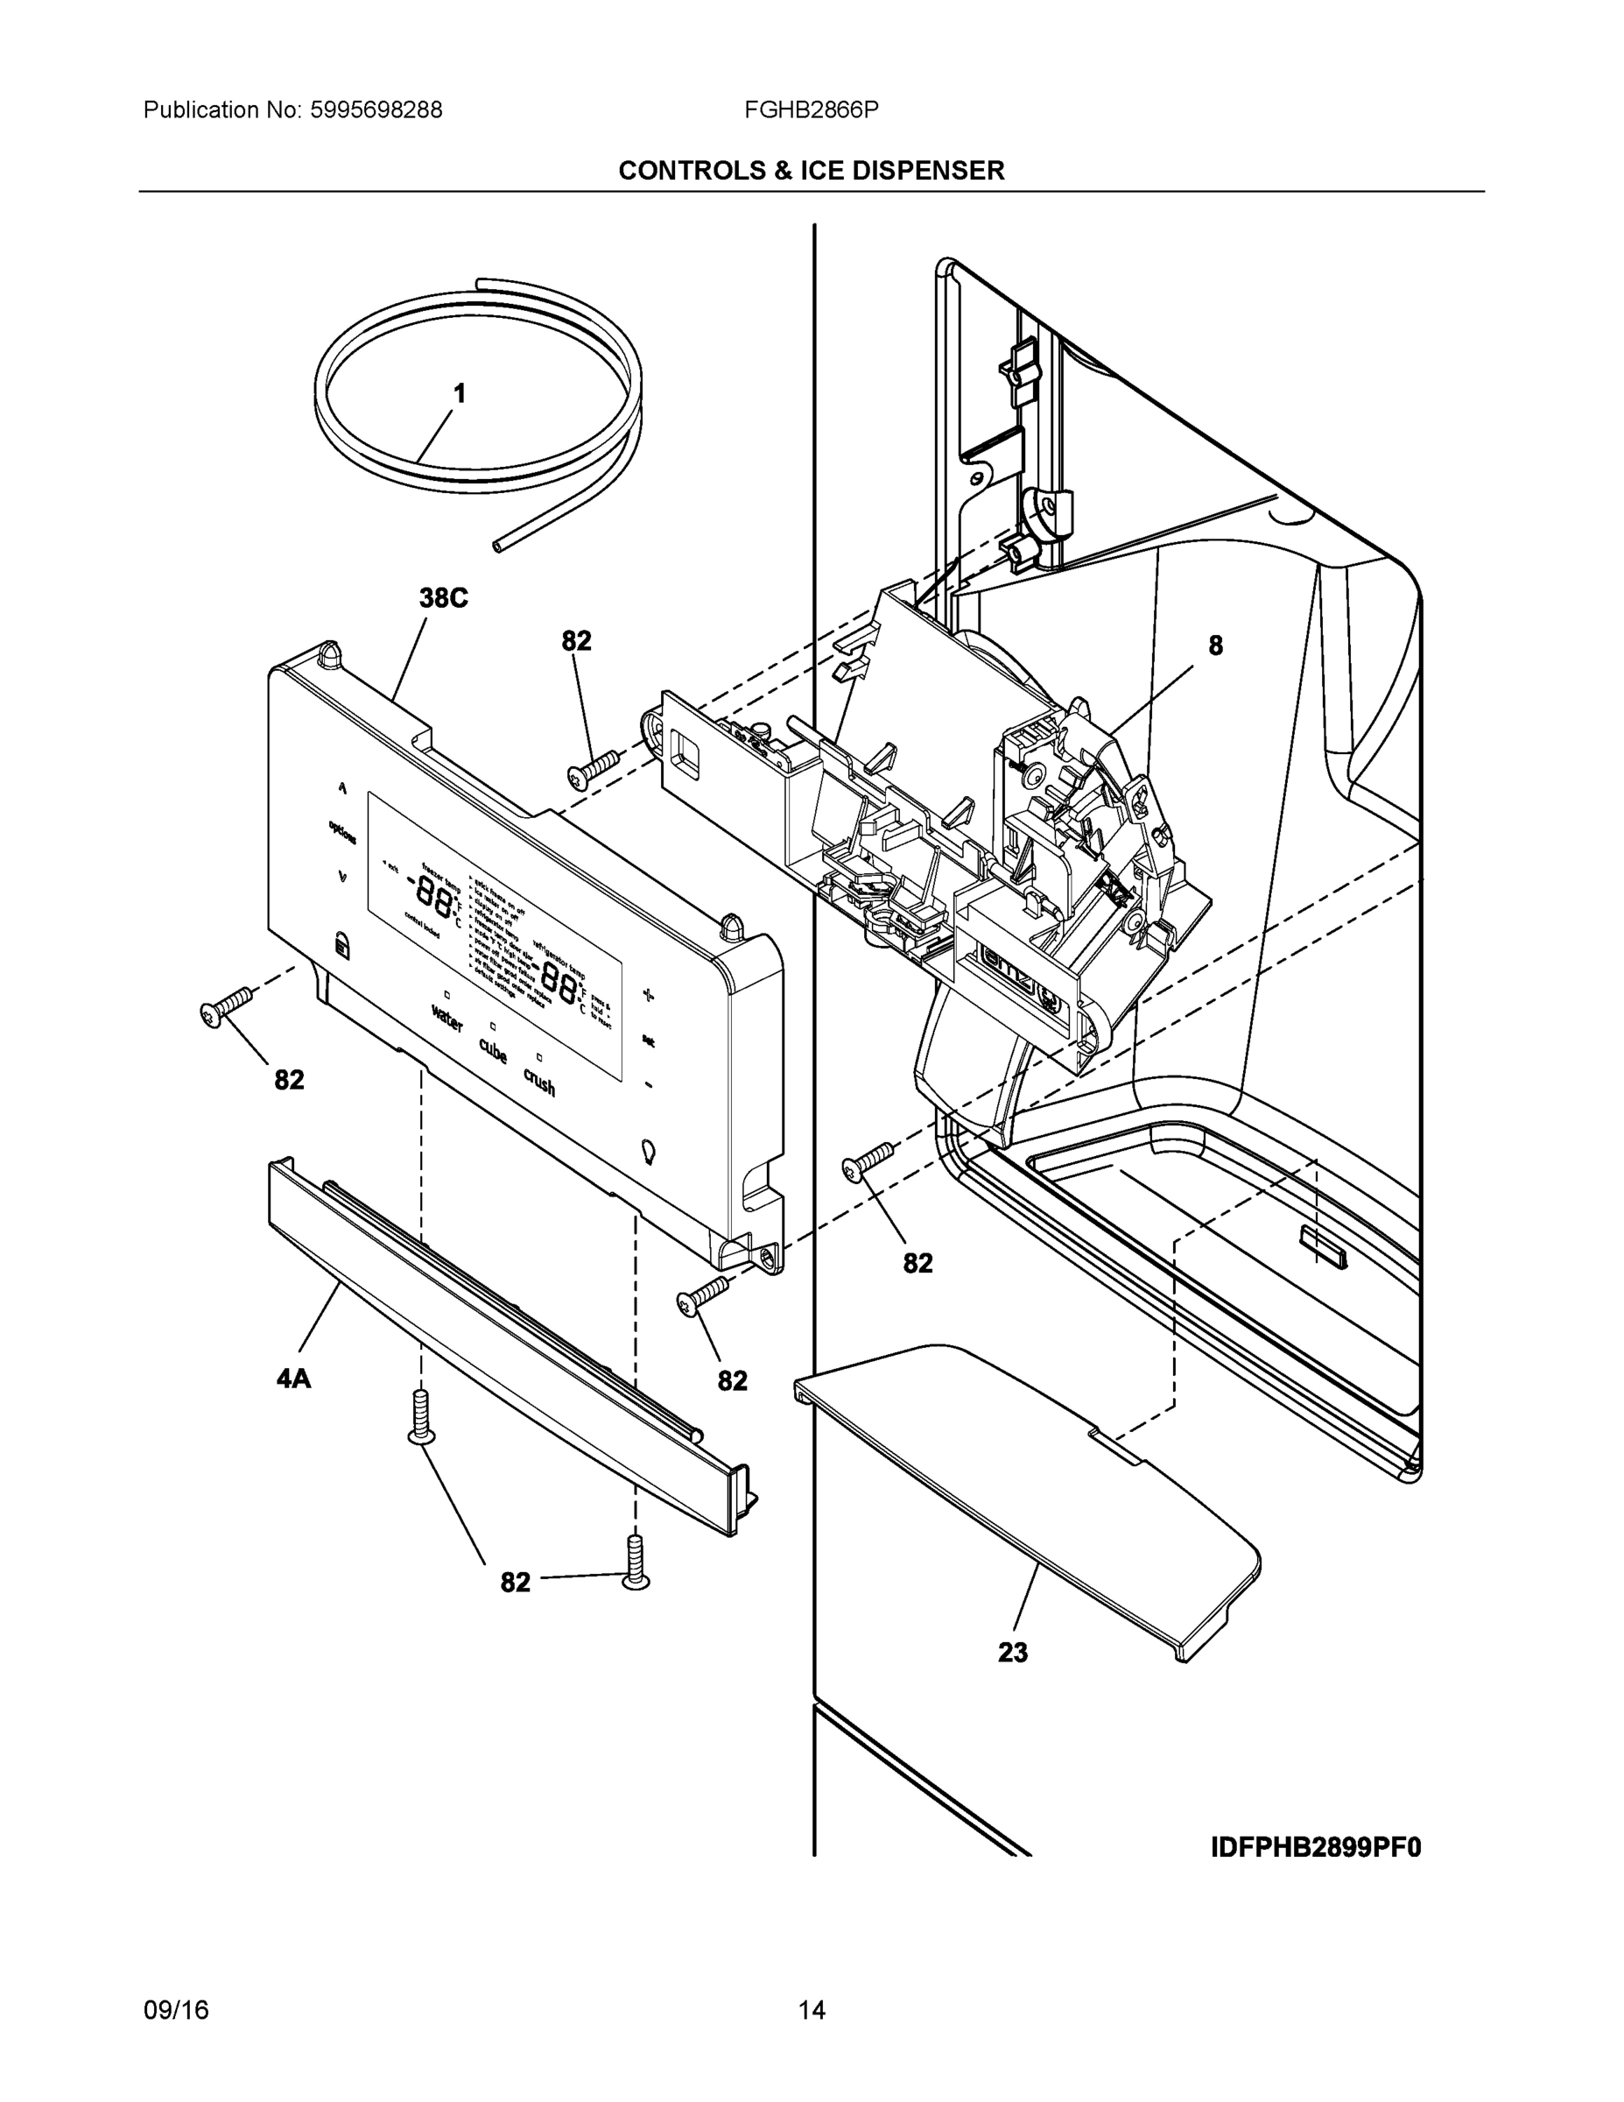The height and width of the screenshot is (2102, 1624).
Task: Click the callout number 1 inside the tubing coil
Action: click(460, 393)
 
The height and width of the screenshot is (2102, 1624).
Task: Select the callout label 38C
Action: click(444, 599)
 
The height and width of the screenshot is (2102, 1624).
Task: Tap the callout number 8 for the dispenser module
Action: click(1216, 645)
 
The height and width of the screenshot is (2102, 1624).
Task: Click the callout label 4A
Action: click(293, 1379)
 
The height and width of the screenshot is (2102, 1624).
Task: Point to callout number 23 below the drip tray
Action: click(1013, 1653)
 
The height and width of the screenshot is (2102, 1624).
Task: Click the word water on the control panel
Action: click(447, 1019)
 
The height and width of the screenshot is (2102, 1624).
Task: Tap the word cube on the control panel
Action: click(493, 1051)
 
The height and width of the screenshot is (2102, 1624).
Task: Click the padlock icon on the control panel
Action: click(341, 944)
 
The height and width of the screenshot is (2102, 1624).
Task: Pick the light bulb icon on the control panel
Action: click(650, 1152)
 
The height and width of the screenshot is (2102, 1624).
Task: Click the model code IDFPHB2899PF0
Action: click(1315, 1848)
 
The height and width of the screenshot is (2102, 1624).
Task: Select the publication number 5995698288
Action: click(376, 110)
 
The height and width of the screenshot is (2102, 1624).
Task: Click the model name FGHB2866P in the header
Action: click(810, 110)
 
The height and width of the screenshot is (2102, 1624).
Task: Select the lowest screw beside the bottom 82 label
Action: click(635, 1564)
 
